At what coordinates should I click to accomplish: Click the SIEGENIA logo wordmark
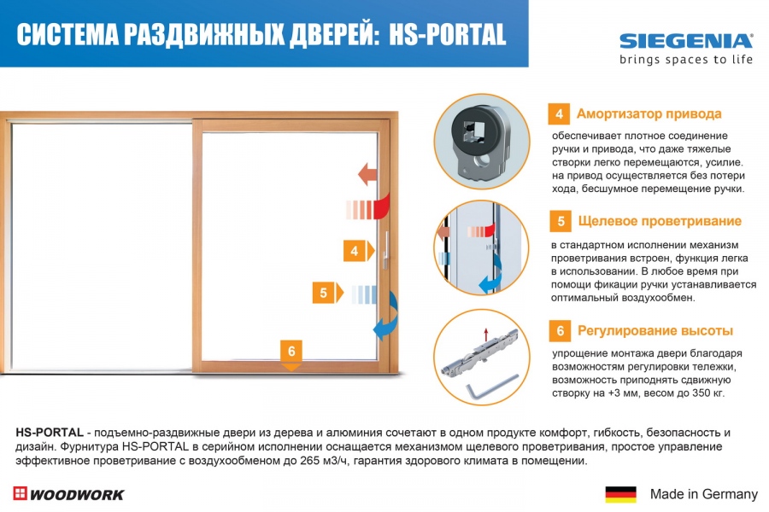[x=685, y=41]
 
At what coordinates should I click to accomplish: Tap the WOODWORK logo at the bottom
[x=68, y=494]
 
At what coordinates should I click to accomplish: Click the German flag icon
[x=620, y=494]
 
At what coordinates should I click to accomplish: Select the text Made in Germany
[x=704, y=494]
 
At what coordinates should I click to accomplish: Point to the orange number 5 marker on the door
[x=327, y=293]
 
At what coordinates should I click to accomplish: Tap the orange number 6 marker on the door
[x=291, y=355]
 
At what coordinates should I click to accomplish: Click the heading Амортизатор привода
[x=649, y=113]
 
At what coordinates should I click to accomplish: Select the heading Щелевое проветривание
[x=660, y=221]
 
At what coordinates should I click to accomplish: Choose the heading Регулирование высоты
[x=655, y=331]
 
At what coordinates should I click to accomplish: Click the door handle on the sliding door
[x=386, y=249]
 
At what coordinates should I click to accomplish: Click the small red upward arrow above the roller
[x=486, y=335]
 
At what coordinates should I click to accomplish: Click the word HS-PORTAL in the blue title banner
[x=447, y=35]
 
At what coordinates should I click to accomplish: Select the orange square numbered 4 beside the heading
[x=559, y=114]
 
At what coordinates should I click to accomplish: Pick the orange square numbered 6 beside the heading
[x=560, y=331]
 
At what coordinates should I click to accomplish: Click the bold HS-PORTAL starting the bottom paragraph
[x=50, y=433]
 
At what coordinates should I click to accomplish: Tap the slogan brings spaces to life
[x=685, y=60]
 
